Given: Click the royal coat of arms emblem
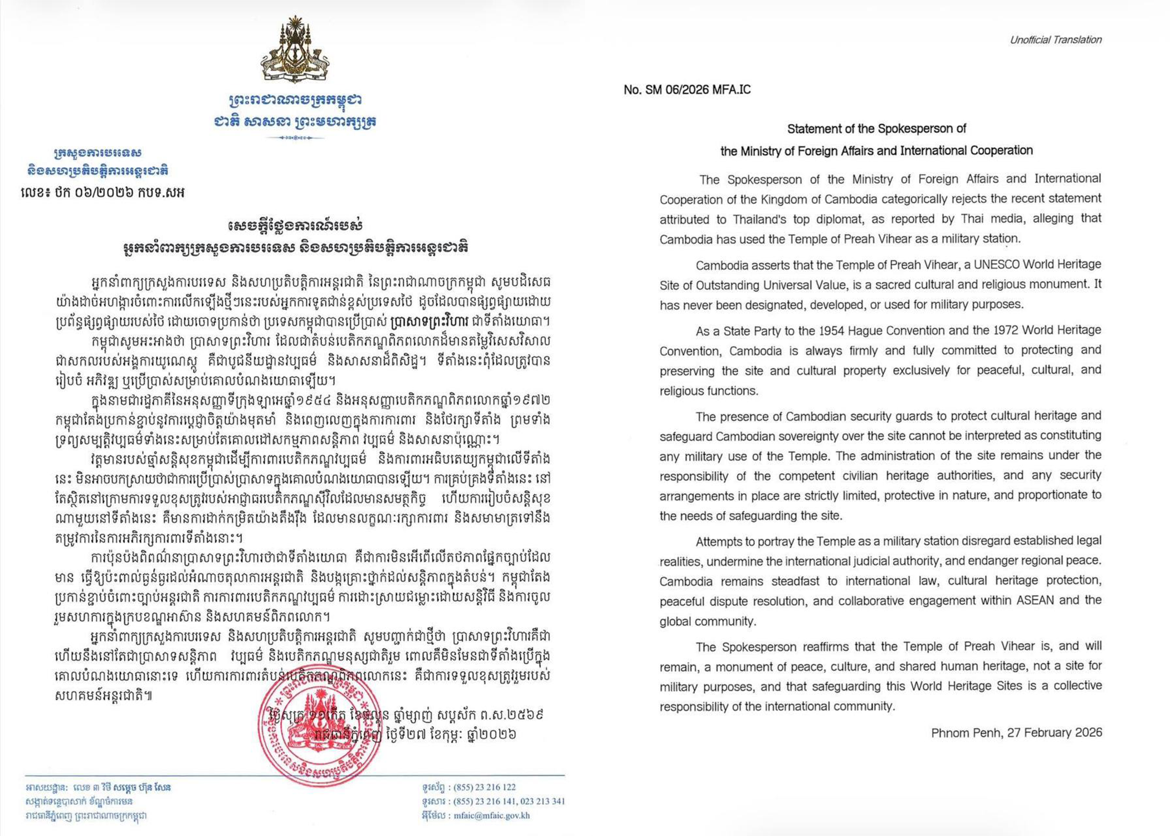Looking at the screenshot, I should coord(295,50).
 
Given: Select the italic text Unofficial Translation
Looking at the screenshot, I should coord(1055,40).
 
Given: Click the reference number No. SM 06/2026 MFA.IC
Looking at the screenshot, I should coord(687,90).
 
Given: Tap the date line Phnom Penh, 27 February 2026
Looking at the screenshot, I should coord(1016,732).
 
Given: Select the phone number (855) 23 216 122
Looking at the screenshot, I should coord(484,787).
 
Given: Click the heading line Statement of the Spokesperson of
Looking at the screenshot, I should coord(876,129).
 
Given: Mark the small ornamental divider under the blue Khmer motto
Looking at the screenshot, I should coord(295,137).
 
